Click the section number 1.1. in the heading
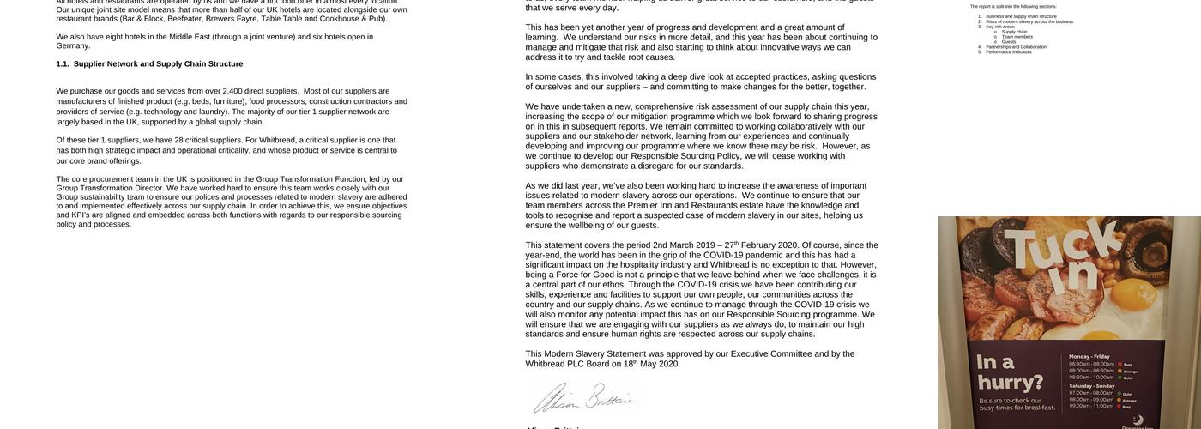tap(63, 64)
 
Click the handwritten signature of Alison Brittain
tap(583, 398)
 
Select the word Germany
tap(73, 46)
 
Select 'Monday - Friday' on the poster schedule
tap(1089, 356)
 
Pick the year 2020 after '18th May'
tap(669, 364)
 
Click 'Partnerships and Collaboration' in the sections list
tap(1016, 46)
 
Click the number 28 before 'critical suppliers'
tap(179, 141)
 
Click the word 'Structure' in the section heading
tap(226, 64)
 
